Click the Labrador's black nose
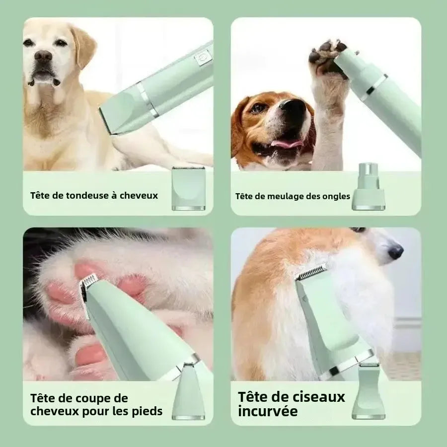(x=43, y=56)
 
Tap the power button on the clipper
(x=202, y=58)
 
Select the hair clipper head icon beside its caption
(x=188, y=189)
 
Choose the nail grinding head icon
(x=368, y=186)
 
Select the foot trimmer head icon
(x=188, y=392)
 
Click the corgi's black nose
(x=395, y=252)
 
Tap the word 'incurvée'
(x=268, y=411)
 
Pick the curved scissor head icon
(x=368, y=392)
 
